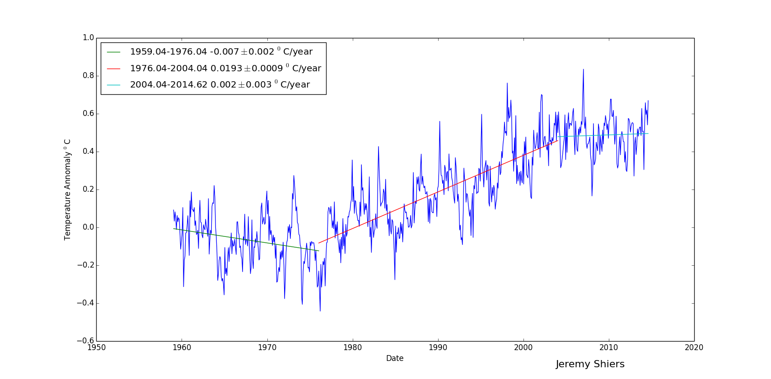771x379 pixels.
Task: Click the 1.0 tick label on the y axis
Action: [x=88, y=38]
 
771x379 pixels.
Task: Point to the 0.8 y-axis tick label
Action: [x=88, y=76]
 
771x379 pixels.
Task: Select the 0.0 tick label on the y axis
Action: [x=88, y=227]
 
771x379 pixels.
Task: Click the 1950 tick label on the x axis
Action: [x=96, y=347]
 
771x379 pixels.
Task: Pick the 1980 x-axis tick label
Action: [x=352, y=347]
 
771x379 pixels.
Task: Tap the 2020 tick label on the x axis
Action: [x=694, y=347]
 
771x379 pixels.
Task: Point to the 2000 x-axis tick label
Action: [x=523, y=347]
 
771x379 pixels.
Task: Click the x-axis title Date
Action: [x=395, y=358]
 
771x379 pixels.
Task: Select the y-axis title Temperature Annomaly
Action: [x=67, y=189]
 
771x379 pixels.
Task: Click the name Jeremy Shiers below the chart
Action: [x=590, y=364]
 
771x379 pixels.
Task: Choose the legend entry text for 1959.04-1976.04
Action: [x=221, y=52]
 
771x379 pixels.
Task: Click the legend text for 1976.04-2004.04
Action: [x=225, y=68]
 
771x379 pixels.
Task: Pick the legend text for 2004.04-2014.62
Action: [x=220, y=85]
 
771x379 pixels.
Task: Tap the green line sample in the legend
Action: [x=113, y=52]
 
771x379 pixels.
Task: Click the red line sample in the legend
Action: [x=113, y=69]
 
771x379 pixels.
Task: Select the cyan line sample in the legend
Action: [x=113, y=85]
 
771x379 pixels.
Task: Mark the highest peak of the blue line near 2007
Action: [x=583, y=69]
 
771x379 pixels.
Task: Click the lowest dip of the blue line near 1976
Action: [x=320, y=310]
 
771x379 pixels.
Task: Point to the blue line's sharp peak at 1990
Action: [x=439, y=121]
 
